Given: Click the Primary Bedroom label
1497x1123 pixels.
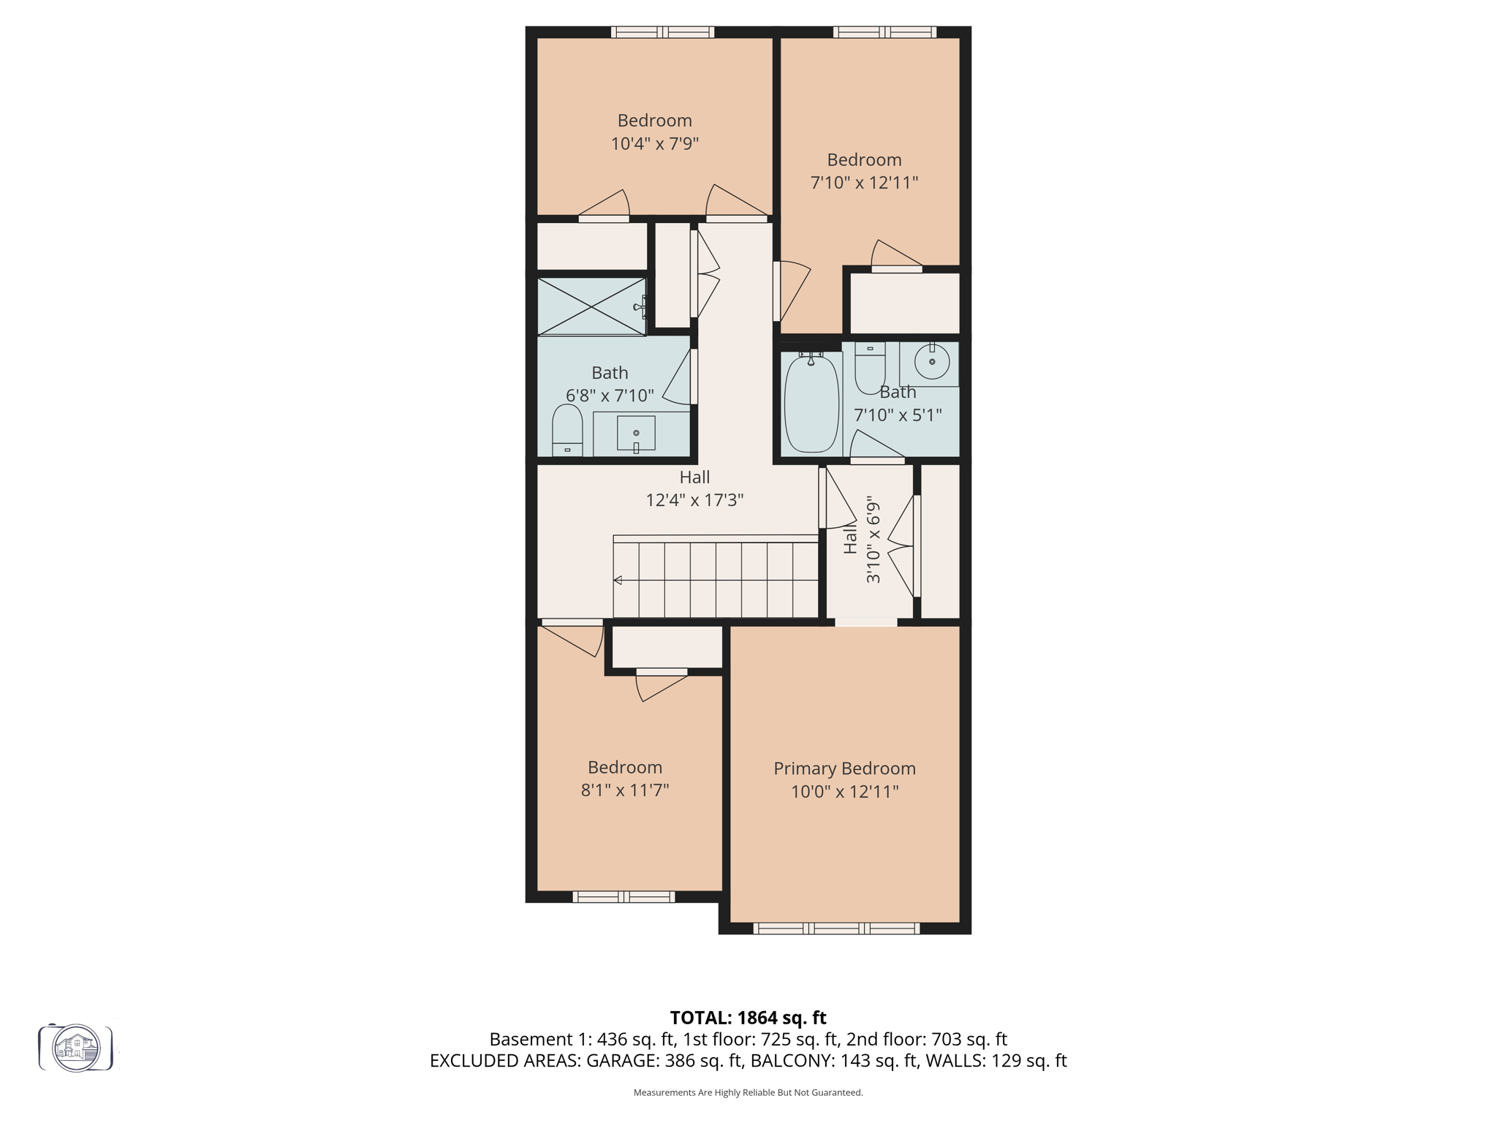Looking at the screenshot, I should [844, 768].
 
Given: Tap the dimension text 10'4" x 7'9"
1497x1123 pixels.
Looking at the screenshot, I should [654, 143].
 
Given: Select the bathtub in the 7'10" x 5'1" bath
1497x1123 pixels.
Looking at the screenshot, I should [811, 404].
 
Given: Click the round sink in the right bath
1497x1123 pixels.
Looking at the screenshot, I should [932, 362].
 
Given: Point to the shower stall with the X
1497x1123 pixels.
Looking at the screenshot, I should [591, 306].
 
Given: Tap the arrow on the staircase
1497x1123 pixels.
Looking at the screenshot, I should [618, 580].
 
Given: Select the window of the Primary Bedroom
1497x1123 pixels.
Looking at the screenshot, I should [836, 929].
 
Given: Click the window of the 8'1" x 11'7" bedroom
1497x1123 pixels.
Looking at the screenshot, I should [624, 896].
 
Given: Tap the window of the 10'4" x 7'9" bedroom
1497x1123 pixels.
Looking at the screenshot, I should [662, 32].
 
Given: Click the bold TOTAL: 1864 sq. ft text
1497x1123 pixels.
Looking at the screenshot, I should [748, 1018].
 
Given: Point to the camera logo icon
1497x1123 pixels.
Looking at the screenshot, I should [76, 1048].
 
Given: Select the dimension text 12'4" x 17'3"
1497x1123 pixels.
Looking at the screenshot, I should [694, 500].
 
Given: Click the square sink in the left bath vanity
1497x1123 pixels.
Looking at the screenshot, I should [636, 433].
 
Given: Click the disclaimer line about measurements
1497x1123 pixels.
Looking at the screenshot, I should [748, 1092].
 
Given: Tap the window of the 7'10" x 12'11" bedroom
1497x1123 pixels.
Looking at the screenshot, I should [884, 32].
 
